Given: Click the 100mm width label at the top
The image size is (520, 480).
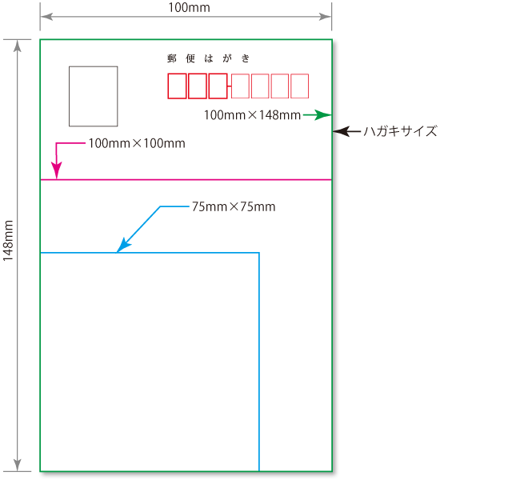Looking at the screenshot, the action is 189,8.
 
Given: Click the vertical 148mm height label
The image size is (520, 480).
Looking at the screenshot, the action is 8,241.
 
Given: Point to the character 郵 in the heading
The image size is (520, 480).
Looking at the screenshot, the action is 172,58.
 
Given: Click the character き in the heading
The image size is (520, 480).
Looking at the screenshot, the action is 246,58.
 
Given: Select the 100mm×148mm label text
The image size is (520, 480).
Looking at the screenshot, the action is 252,115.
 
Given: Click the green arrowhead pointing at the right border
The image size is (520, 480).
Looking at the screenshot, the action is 322,114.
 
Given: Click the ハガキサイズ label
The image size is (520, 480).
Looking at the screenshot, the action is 401,131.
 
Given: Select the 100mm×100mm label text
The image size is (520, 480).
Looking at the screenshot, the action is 137,143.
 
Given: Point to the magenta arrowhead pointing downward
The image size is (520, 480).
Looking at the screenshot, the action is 57,170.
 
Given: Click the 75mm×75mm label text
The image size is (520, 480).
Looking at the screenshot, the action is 234,206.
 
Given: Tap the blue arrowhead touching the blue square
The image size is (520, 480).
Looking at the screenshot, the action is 123,246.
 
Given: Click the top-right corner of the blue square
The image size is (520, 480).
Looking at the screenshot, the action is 259,253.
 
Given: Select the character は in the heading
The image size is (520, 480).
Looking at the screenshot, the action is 209,58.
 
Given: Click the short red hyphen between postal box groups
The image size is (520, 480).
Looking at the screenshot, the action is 229,86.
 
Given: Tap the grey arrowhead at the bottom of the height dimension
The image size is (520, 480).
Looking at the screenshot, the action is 18,465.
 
